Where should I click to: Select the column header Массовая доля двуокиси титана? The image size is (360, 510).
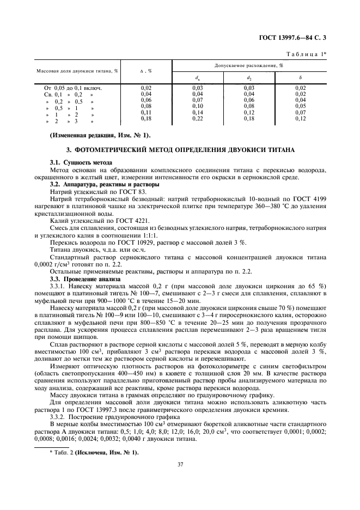pos(77,71)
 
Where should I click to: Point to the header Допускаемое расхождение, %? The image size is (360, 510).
pos(252,65)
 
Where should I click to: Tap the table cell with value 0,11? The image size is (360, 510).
pos(146,112)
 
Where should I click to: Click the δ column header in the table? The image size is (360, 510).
pos(301,77)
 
